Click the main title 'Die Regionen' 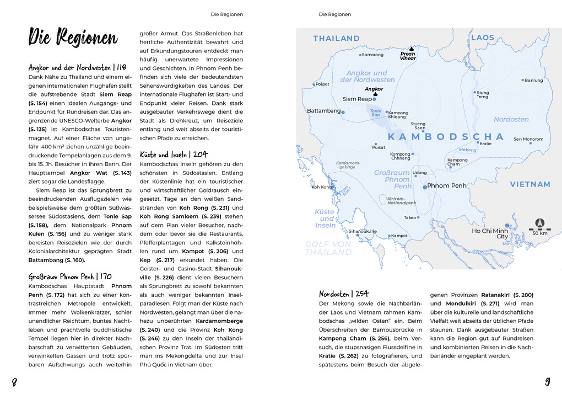point(73,38)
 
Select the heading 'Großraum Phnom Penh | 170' point(70,276)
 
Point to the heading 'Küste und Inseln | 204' point(174,155)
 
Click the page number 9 point(548,381)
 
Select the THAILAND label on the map point(336,39)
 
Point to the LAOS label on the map point(483,38)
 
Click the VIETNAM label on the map point(529,184)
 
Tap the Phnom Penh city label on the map point(446,186)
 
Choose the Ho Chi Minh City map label point(490,233)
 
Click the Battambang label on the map point(323,111)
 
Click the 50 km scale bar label point(540,233)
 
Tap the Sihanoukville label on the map point(363,231)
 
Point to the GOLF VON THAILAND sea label point(328,248)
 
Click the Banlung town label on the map point(534,81)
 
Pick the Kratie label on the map point(485,143)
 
